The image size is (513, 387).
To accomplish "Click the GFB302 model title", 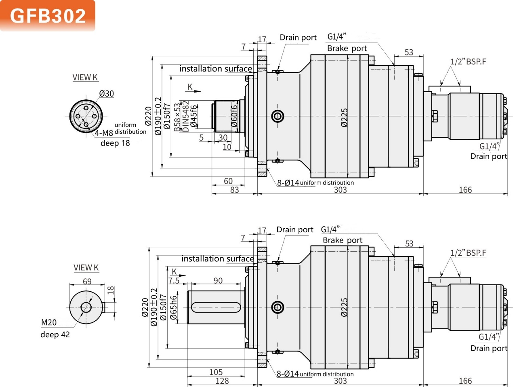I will tap(48, 16).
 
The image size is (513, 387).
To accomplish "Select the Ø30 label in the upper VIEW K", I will tap(107, 94).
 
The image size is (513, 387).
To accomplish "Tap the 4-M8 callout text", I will tap(104, 133).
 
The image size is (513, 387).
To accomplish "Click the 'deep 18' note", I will tap(115, 143).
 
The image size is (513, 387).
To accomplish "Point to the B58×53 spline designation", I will tap(177, 117).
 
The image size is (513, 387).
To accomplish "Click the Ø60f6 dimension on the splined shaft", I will tap(234, 116).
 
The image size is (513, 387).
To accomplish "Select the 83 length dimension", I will tap(234, 190).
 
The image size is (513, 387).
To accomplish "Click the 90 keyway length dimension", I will tap(218, 281).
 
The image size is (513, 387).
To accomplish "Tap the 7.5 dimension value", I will tap(174, 281).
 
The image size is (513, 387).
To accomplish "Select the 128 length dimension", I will tap(222, 381).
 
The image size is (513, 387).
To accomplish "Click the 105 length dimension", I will tap(216, 372).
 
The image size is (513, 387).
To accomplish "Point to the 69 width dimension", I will tap(87, 282).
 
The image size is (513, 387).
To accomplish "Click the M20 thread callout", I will tap(49, 322).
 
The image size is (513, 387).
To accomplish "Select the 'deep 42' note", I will tap(55, 334).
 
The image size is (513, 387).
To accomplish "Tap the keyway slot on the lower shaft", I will tap(216, 307).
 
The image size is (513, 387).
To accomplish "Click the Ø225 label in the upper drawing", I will tap(344, 118).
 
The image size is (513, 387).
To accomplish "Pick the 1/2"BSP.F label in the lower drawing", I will tap(468, 253).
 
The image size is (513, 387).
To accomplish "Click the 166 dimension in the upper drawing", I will tap(465, 190).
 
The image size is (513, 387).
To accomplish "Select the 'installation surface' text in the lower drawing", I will tap(218, 259).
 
